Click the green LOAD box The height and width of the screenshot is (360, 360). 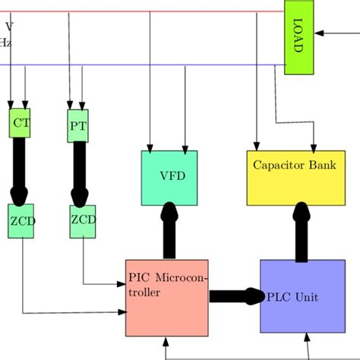(298, 37)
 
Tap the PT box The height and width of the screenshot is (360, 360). (78, 125)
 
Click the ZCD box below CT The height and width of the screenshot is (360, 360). (21, 221)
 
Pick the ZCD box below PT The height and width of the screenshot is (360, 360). (83, 221)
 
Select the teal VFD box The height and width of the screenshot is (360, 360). (169, 177)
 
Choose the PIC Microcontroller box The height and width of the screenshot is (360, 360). (166, 297)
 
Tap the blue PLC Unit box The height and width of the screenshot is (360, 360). (302, 295)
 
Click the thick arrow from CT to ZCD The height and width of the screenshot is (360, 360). (20, 169)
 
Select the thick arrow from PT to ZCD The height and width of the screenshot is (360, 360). (79, 172)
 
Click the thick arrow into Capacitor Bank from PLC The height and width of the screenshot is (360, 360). (302, 232)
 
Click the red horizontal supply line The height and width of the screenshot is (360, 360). (152, 12)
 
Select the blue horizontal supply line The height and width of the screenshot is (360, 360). (152, 65)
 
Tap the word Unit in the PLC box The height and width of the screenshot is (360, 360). (307, 295)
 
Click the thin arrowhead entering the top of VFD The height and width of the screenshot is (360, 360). (150, 146)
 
